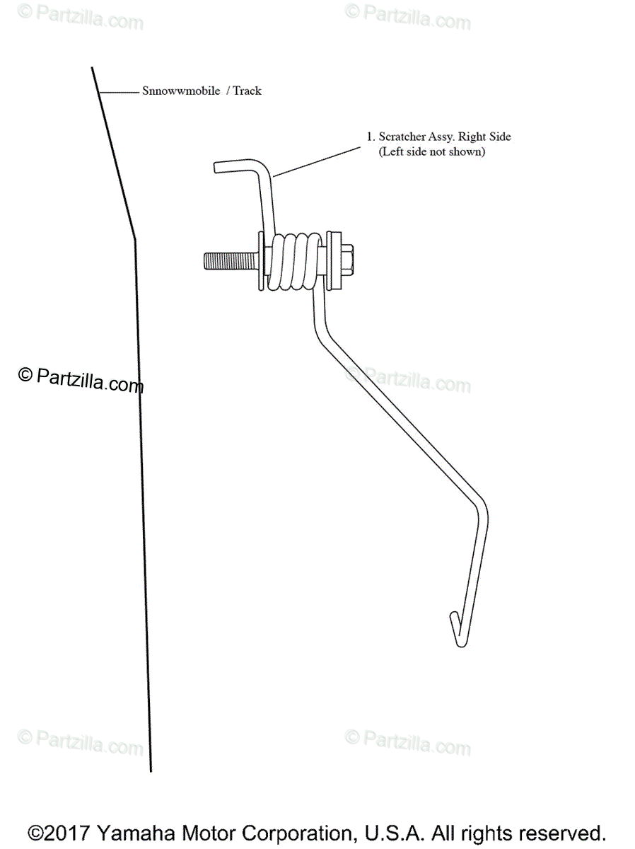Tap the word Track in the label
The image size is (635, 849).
[x=247, y=91]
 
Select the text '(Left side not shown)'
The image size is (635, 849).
[x=432, y=151]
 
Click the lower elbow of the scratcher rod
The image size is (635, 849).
[x=483, y=513]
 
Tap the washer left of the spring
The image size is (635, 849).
[x=262, y=261]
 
